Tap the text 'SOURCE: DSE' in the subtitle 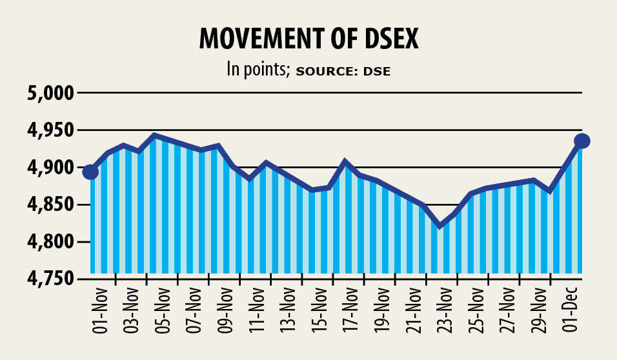pos(343,71)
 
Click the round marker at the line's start pos(91,172)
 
